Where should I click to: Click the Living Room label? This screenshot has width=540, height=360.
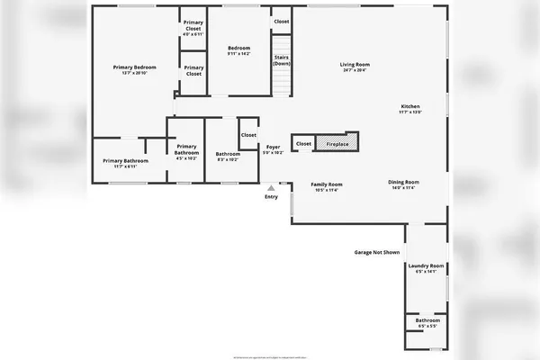pyautogui.click(x=355, y=64)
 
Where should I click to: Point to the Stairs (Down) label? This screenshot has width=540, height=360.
pyautogui.click(x=282, y=60)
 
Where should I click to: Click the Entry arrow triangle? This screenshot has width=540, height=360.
pyautogui.click(x=271, y=188)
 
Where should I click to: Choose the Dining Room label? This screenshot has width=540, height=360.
pyautogui.click(x=403, y=182)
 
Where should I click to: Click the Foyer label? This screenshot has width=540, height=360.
pyautogui.click(x=272, y=147)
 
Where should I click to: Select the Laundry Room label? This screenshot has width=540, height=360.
pyautogui.click(x=426, y=265)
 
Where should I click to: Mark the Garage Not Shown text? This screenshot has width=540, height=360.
pyautogui.click(x=376, y=252)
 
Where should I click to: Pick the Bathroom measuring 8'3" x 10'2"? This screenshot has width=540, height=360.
pyautogui.click(x=228, y=154)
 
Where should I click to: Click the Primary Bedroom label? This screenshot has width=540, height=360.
pyautogui.click(x=134, y=67)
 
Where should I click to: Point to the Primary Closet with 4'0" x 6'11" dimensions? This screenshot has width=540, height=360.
pyautogui.click(x=193, y=28)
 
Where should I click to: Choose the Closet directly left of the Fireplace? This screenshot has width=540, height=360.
pyautogui.click(x=304, y=143)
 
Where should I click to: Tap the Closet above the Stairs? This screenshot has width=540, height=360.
pyautogui.click(x=282, y=21)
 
